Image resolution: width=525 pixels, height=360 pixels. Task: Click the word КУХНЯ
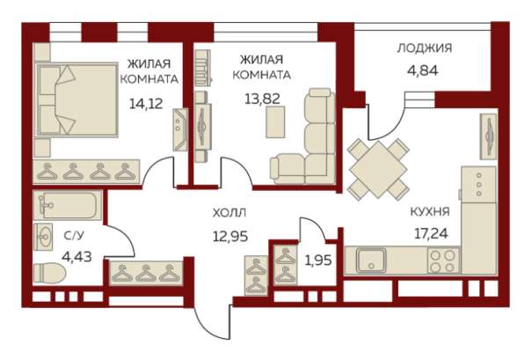point(430,211)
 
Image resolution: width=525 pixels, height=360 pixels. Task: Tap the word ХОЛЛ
point(230,212)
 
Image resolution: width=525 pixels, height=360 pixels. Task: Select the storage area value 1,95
point(317,260)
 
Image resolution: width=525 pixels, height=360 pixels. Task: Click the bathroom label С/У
point(74,236)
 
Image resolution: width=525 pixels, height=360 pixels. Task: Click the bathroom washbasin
point(45,236)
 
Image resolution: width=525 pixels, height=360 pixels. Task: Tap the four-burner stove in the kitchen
point(442,261)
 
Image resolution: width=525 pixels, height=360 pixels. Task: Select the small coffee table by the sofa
point(275,125)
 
